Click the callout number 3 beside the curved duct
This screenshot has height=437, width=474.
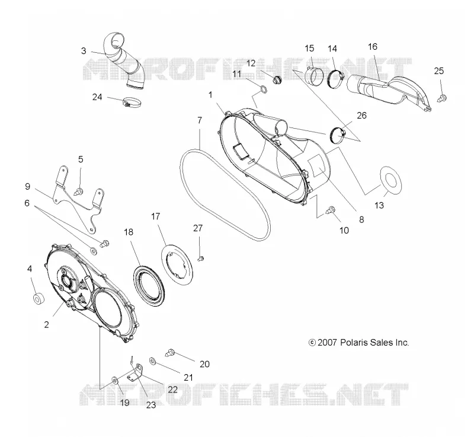(84, 51)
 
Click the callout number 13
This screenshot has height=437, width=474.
(379, 205)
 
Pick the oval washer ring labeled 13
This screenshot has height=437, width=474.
(390, 181)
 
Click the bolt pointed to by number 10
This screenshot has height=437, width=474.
(330, 210)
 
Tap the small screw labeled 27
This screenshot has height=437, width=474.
(201, 259)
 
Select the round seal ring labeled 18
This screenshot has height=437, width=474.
(149, 285)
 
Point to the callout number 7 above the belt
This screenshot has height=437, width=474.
(200, 120)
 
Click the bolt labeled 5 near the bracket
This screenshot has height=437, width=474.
(79, 191)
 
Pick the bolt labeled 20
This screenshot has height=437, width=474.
(170, 353)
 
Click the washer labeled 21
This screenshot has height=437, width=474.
(152, 361)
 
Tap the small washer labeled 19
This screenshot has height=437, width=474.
(115, 379)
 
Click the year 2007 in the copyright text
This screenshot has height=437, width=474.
(327, 342)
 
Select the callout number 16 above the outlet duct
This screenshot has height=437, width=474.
(373, 47)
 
